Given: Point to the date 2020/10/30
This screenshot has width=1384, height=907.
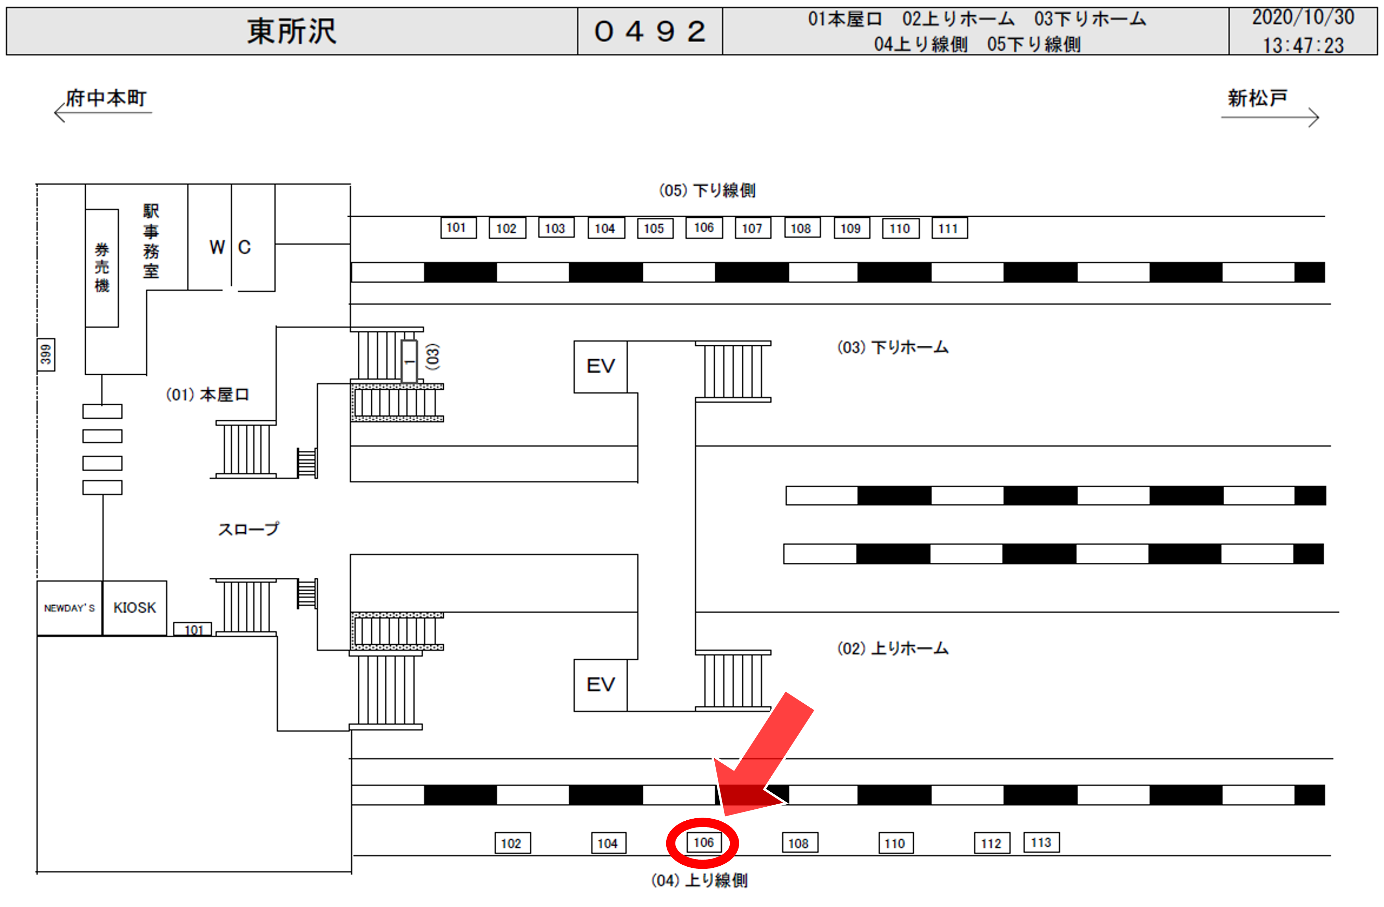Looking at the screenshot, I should pos(1302,17).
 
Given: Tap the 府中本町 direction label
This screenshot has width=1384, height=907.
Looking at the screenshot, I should pos(106,98).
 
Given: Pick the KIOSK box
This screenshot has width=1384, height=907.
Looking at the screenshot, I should pos(134,608).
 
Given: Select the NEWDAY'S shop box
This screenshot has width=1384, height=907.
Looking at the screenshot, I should pos(69,608).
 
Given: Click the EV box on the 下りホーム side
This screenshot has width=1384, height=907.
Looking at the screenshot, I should pos(600,366).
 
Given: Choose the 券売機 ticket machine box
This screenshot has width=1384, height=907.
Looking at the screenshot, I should pos(102,268).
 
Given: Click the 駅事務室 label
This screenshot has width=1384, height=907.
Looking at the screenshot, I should pos(151,241).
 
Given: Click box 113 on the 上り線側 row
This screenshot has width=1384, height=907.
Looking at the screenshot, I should pos(1041,843).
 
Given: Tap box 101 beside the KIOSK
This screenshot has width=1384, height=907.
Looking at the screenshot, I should pos(193,629).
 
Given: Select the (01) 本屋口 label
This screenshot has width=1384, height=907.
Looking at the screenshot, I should pos(208,395).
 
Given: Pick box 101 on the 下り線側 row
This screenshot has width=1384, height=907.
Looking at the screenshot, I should pos(458,228).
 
